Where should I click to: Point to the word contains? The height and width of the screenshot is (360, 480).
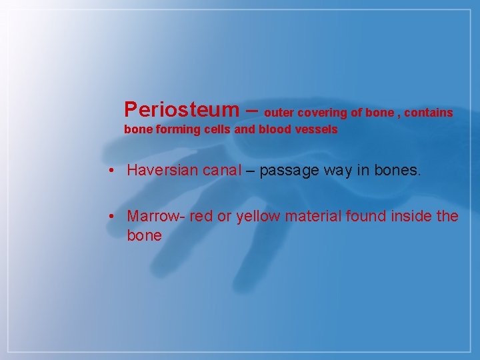tap(428, 113)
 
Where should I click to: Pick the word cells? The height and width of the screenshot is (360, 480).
tap(215, 130)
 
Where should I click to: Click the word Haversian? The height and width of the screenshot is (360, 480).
tap(163, 170)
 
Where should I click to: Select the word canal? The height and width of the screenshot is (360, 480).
tap(222, 170)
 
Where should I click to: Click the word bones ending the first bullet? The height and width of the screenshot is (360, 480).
tap(399, 170)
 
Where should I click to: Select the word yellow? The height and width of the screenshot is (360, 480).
tap(257, 216)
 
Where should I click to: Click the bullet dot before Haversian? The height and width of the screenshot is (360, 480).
tap(115, 171)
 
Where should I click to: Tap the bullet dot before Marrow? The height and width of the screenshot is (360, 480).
tap(115, 217)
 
